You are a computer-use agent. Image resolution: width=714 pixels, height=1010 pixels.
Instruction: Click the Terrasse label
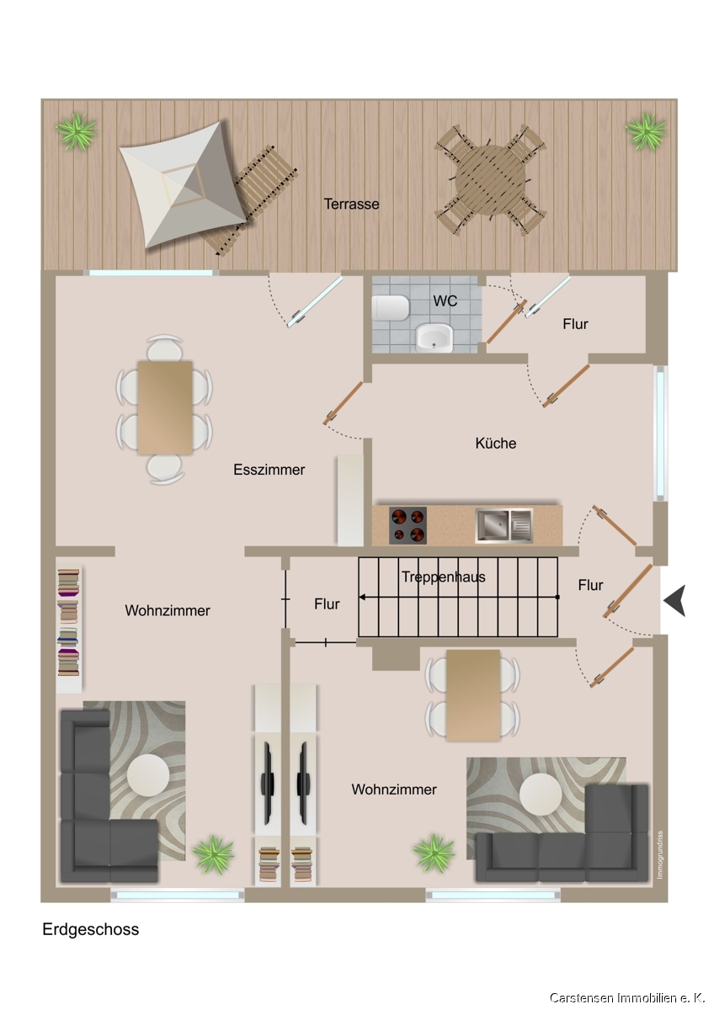[x=351, y=204]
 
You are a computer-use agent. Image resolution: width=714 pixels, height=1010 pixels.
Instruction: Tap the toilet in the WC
[x=391, y=307]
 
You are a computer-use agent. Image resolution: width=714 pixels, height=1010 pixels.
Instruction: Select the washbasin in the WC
[x=434, y=338]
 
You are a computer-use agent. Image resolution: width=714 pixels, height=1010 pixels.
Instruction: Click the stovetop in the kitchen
[x=408, y=525]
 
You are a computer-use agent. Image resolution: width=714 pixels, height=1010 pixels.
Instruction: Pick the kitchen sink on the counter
[x=504, y=525]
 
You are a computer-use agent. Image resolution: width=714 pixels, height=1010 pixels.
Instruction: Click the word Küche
[x=496, y=443]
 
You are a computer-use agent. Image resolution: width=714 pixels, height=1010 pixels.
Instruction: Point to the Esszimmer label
[x=269, y=470]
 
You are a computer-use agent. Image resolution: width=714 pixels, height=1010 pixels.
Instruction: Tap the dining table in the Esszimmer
[x=165, y=407]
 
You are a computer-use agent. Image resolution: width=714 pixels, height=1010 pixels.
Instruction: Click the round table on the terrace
[x=490, y=180]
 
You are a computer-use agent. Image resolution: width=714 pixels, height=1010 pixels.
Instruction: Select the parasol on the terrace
[x=184, y=185]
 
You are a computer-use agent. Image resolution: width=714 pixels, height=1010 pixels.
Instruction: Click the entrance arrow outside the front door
[x=674, y=600]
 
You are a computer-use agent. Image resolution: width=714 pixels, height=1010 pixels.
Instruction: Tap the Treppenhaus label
[x=444, y=577]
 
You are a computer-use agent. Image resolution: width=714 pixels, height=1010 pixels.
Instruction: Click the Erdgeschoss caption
[x=91, y=929]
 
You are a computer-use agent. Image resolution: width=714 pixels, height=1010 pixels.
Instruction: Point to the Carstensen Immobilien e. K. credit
[x=627, y=998]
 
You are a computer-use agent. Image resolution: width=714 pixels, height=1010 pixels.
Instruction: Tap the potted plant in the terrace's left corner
[x=77, y=131]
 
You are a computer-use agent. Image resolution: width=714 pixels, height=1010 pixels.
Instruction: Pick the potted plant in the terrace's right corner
[x=646, y=131]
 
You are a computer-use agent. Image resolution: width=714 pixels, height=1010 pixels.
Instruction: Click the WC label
[x=445, y=300]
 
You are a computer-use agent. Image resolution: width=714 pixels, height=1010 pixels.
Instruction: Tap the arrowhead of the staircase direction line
[x=361, y=597]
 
